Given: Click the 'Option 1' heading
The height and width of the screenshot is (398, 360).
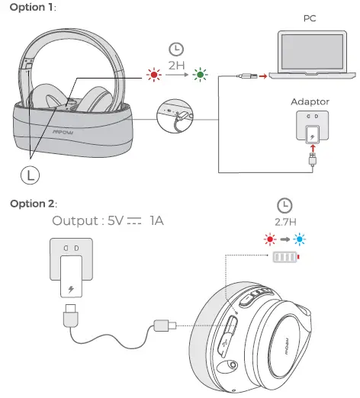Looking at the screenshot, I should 28,7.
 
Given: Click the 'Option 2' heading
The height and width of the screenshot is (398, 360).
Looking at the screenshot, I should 29,204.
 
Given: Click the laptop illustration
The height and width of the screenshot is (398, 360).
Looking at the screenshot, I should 313,53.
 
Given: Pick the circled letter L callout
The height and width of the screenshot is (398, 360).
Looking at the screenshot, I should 30,174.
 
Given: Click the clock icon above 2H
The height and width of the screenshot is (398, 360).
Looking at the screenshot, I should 176,49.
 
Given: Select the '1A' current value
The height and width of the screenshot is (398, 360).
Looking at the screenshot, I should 156,221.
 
